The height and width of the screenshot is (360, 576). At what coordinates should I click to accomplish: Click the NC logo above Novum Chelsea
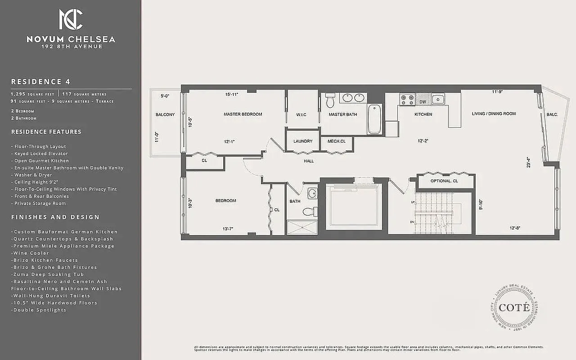click(x=71, y=19)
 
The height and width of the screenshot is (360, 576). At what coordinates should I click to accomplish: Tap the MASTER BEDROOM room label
click(x=243, y=114)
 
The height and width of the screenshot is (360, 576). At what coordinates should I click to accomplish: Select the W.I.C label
click(x=301, y=115)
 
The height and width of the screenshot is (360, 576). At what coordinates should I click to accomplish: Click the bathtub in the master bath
click(x=374, y=119)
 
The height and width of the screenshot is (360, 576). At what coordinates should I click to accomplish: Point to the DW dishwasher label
click(x=423, y=102)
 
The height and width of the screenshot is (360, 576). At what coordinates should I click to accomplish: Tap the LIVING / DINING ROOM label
click(x=494, y=114)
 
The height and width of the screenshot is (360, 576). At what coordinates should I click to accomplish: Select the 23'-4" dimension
click(x=529, y=162)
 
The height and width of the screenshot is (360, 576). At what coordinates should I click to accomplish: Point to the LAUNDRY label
click(x=303, y=141)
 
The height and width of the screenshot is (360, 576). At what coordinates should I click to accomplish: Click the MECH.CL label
click(x=336, y=141)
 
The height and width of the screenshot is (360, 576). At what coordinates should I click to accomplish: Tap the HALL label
click(x=309, y=161)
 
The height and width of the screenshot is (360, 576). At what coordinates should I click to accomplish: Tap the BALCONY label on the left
click(x=165, y=115)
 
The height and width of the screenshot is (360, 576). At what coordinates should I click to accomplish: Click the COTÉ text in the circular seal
click(x=513, y=308)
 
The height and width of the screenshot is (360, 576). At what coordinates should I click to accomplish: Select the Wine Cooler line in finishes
click(x=30, y=253)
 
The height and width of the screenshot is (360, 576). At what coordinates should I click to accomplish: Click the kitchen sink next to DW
click(x=437, y=99)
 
